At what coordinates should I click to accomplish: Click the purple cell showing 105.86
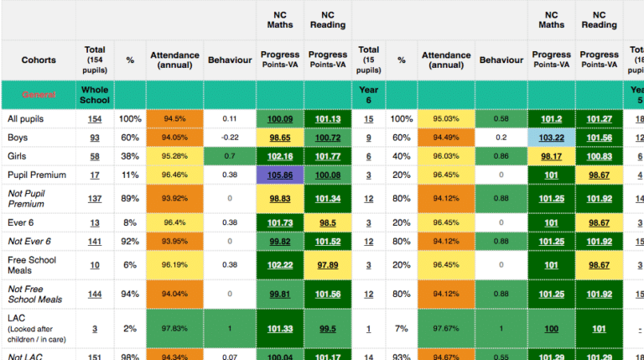click(x=280, y=175)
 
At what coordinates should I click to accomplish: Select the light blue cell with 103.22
click(x=551, y=138)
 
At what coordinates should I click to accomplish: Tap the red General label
click(x=38, y=95)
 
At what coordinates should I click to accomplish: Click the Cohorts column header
click(x=38, y=60)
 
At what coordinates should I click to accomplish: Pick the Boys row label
click(x=18, y=138)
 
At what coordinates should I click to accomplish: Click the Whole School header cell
click(x=95, y=95)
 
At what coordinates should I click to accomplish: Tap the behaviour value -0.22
click(x=230, y=138)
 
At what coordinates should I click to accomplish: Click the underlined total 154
click(x=95, y=119)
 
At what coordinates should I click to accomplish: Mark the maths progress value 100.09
click(x=280, y=119)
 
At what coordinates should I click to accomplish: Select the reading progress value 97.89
click(x=328, y=265)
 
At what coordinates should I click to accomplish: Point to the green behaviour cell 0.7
click(x=230, y=156)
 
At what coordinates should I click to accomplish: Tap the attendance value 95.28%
click(x=174, y=156)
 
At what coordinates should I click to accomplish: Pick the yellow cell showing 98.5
click(x=328, y=222)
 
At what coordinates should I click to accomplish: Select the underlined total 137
click(x=95, y=198)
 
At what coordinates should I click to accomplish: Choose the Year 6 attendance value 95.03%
click(x=446, y=119)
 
